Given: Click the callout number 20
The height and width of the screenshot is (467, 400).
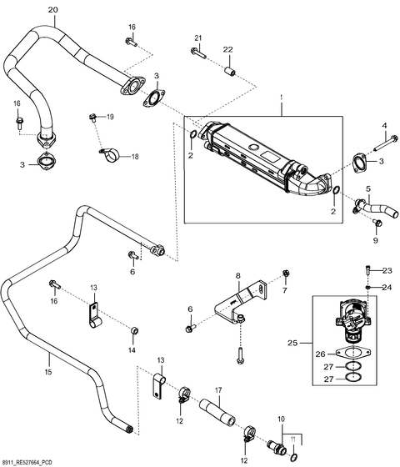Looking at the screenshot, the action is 53,9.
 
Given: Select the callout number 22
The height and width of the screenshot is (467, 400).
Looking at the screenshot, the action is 228,49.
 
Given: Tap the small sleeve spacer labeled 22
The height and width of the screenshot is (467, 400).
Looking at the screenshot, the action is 230,72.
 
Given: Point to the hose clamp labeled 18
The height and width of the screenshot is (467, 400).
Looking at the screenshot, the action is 109,154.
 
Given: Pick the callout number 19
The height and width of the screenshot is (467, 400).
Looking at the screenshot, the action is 110,117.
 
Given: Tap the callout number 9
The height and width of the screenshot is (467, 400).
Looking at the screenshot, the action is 375,240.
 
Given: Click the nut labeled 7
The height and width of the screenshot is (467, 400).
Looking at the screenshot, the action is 286,273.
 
